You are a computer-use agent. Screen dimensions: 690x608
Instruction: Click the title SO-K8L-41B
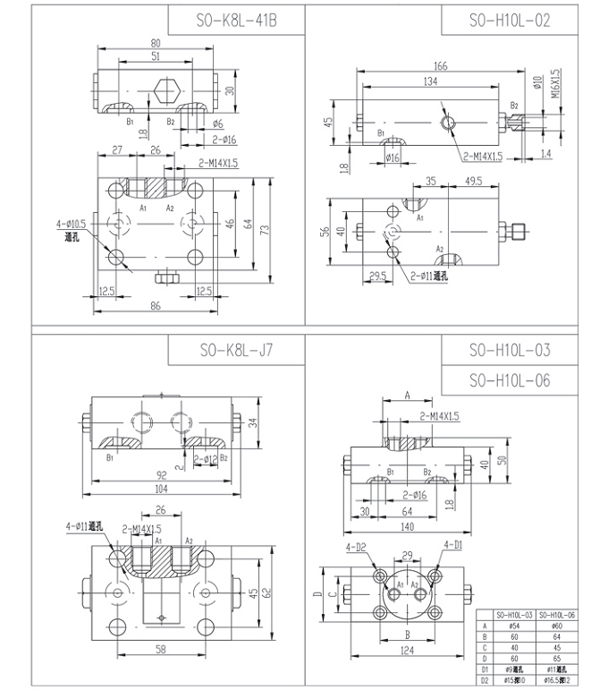click(x=236, y=21)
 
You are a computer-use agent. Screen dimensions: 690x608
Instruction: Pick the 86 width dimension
click(x=156, y=308)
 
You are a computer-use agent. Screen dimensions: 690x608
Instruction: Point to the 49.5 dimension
click(x=473, y=182)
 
